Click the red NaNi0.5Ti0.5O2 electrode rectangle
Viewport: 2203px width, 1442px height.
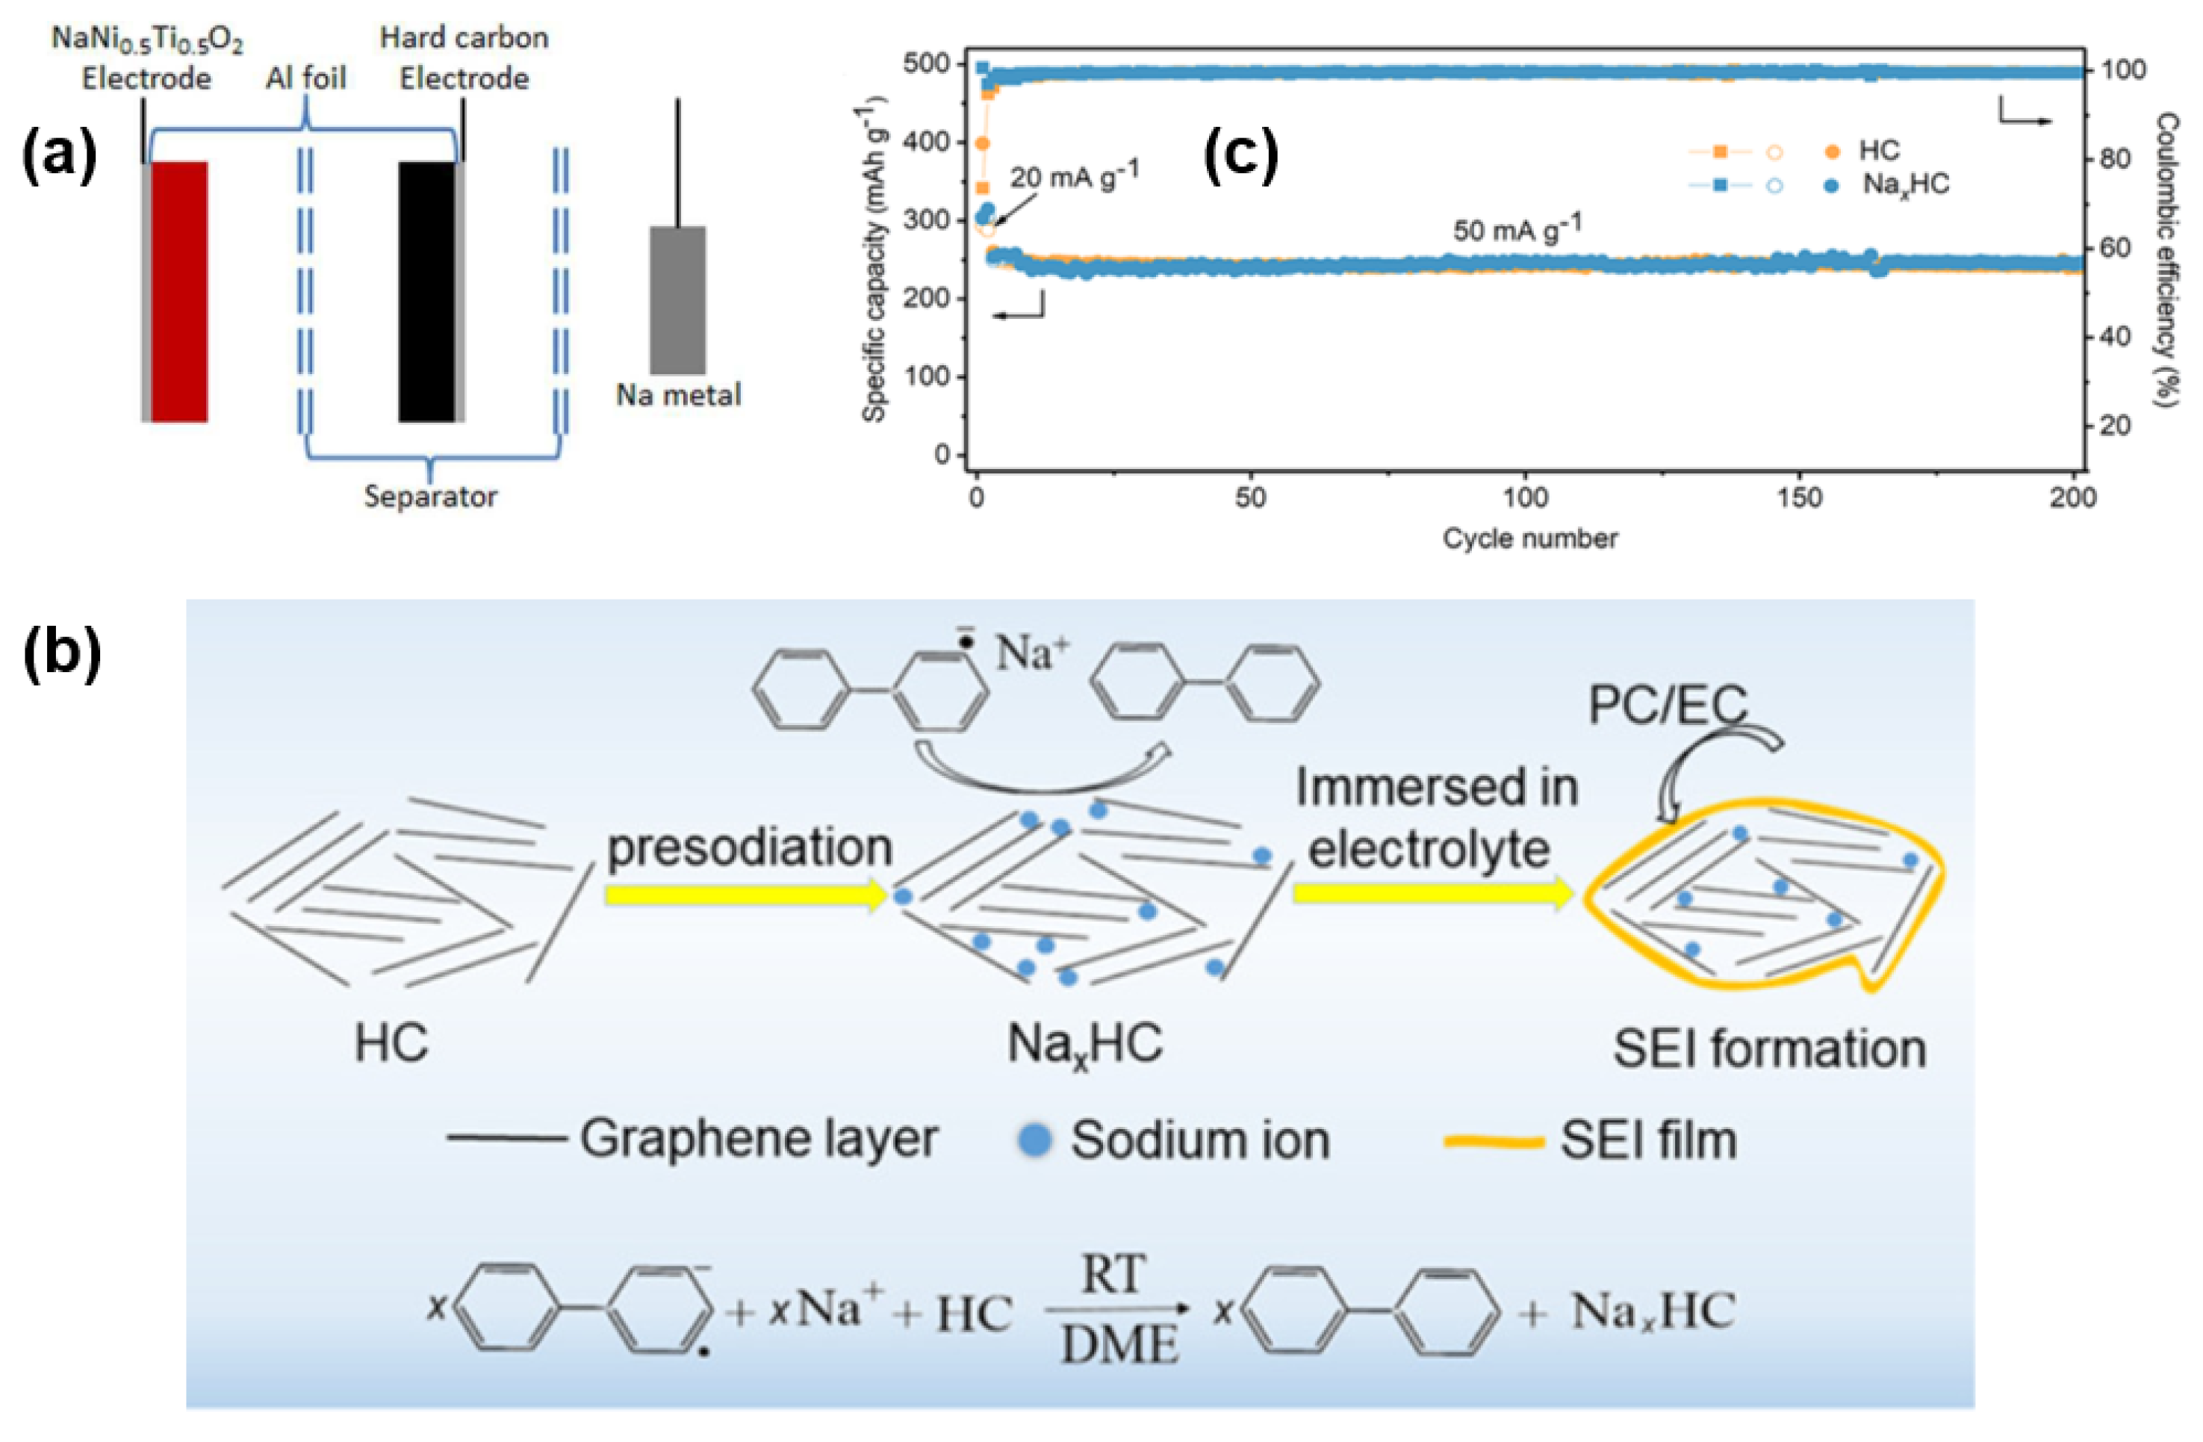(x=179, y=291)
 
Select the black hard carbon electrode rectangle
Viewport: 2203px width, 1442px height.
(x=426, y=291)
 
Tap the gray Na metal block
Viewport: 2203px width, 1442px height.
(x=677, y=300)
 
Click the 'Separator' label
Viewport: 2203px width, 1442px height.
(x=430, y=497)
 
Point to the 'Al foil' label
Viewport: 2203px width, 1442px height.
(x=305, y=78)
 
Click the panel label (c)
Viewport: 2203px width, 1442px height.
(x=1240, y=155)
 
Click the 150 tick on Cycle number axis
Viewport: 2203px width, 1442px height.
(x=1800, y=498)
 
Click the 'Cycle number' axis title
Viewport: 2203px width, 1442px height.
(x=1530, y=538)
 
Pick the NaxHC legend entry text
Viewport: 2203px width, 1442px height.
(x=1905, y=185)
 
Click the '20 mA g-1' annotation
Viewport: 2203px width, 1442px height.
(x=1074, y=175)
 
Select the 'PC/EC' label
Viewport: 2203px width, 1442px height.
(x=1667, y=706)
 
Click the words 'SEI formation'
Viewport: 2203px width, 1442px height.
(x=1769, y=1049)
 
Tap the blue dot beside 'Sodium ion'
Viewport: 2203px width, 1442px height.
(x=1035, y=1140)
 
